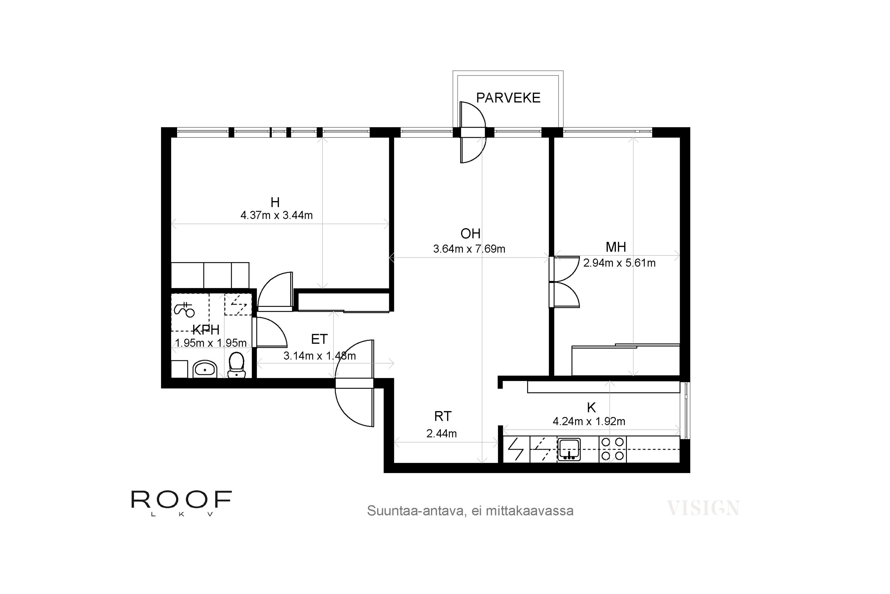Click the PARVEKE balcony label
(x=508, y=98)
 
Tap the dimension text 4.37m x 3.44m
(x=276, y=215)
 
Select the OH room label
(x=470, y=234)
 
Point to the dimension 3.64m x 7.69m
(x=469, y=249)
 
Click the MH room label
(x=616, y=247)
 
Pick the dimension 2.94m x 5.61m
(x=619, y=263)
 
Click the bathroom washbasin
(x=205, y=369)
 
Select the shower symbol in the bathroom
(x=184, y=309)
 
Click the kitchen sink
(x=569, y=449)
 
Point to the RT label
(x=443, y=417)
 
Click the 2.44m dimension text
(x=442, y=433)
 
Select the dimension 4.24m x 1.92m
(x=589, y=421)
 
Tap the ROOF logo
(x=181, y=503)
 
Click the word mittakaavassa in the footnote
(x=530, y=511)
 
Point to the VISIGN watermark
(x=703, y=508)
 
